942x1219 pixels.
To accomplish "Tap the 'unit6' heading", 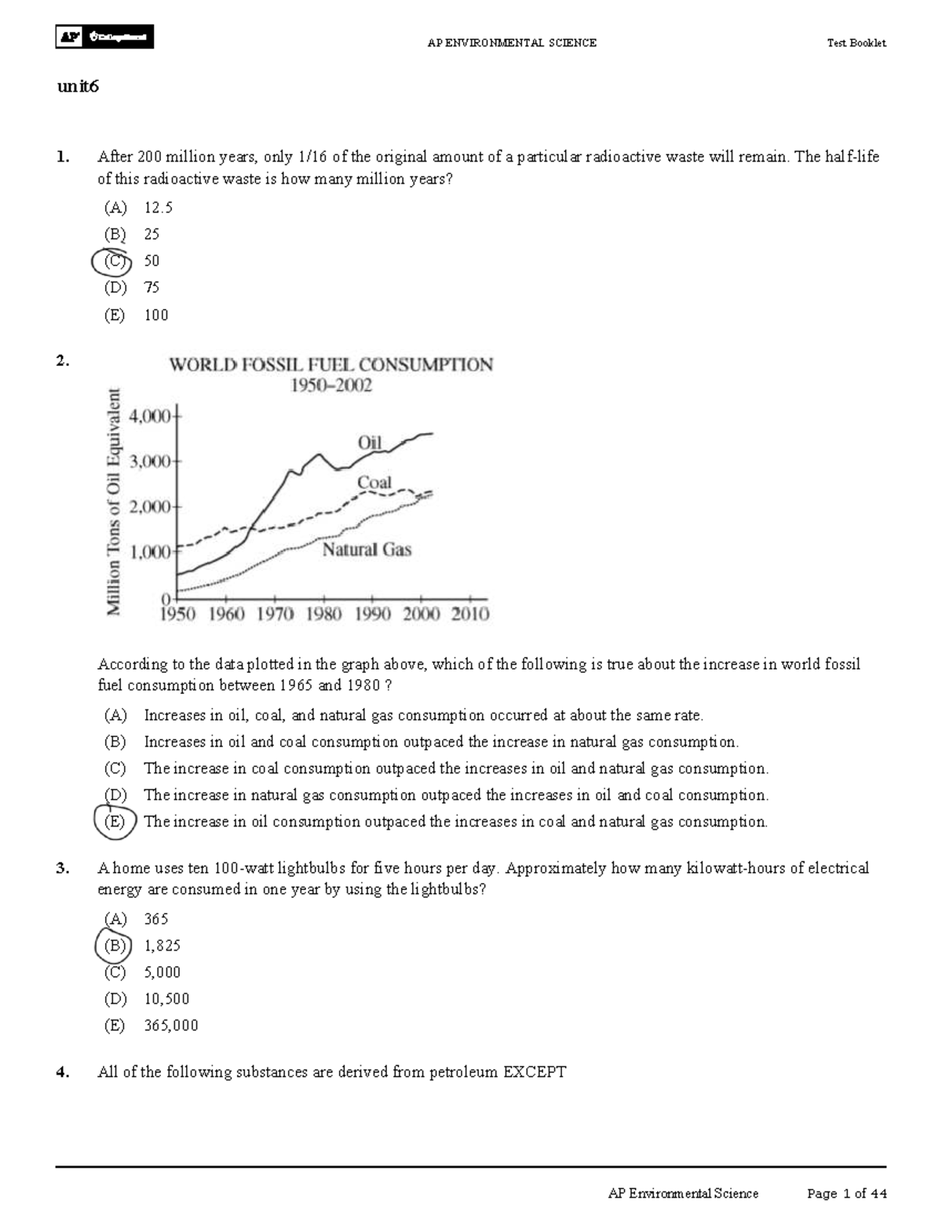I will [x=78, y=87].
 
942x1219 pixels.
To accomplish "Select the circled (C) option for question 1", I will [x=114, y=261].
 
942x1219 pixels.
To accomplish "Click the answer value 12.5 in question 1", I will [x=158, y=207].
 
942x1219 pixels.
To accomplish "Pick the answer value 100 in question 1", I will [x=156, y=315].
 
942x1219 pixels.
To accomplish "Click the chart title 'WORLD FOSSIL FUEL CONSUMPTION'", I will [x=331, y=365].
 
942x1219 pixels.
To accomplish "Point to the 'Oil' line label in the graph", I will [x=369, y=443].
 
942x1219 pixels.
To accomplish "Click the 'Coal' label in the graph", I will [x=374, y=483].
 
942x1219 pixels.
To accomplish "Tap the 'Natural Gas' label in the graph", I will [x=367, y=549].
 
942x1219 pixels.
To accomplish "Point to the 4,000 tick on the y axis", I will [x=153, y=416].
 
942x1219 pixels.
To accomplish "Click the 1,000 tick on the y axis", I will [x=153, y=552].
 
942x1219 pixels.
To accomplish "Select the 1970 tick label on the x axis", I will [x=276, y=614].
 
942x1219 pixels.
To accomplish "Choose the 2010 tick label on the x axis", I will [x=469, y=614].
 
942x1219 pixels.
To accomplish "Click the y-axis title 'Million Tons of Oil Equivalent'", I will [x=115, y=502].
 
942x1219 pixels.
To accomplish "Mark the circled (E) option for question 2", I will [x=115, y=822].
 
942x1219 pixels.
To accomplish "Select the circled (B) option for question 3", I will [x=114, y=946].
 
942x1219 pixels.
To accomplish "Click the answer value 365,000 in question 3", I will [x=171, y=1025].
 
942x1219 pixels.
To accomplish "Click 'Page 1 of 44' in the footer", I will [x=846, y=1193].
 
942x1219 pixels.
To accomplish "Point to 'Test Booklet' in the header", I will [x=856, y=43].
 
